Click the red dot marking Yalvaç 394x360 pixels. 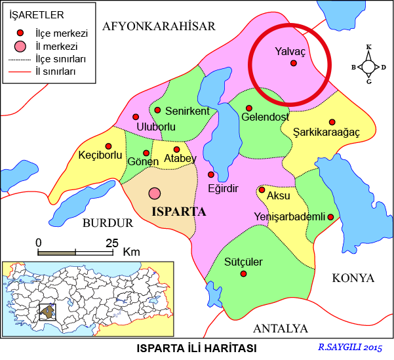pyautogui.click(x=294, y=63)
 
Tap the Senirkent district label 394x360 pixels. pyautogui.click(x=187, y=111)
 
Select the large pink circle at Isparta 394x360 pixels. pyautogui.click(x=155, y=193)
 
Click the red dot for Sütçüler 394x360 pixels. pyautogui.click(x=243, y=273)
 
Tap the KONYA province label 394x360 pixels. pyautogui.click(x=353, y=278)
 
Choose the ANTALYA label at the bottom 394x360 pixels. pyautogui.click(x=280, y=328)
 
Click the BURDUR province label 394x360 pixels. pyautogui.click(x=108, y=223)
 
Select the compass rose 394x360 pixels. pyautogui.click(x=369, y=66)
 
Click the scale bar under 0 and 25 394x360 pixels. pyautogui.click(x=75, y=252)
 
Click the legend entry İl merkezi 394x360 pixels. pyautogui.click(x=56, y=47)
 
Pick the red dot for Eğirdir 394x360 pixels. pyautogui.click(x=211, y=174)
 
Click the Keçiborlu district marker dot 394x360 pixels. pyautogui.click(x=109, y=146)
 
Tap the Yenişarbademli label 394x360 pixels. pyautogui.click(x=289, y=217)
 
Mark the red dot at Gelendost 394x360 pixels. pyautogui.click(x=249, y=108)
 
